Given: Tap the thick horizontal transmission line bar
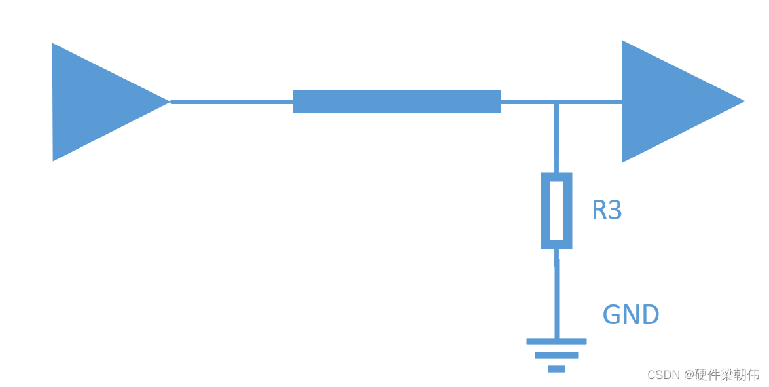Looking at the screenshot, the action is pyautogui.click(x=397, y=101).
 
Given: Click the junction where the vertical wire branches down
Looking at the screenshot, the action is pyautogui.click(x=556, y=101).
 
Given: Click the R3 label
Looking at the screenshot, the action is pyautogui.click(x=607, y=210).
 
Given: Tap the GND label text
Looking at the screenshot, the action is pyautogui.click(x=630, y=316).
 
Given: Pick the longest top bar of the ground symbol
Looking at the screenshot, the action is pyautogui.click(x=556, y=341).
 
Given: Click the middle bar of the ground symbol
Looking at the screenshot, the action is pyautogui.click(x=556, y=355).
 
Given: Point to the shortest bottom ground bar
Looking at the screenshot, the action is pyautogui.click(x=556, y=369).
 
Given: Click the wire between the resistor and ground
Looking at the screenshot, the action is pyautogui.click(x=557, y=295).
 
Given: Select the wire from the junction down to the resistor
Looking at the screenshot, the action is pyautogui.click(x=556, y=138).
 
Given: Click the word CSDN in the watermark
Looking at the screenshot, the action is pyautogui.click(x=664, y=375).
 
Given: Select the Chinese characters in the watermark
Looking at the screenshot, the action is pyautogui.click(x=726, y=375).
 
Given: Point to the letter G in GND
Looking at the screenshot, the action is pyautogui.click(x=613, y=316).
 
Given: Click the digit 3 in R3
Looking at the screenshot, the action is pyautogui.click(x=614, y=210).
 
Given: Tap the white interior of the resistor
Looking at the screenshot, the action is pyautogui.click(x=556, y=211).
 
